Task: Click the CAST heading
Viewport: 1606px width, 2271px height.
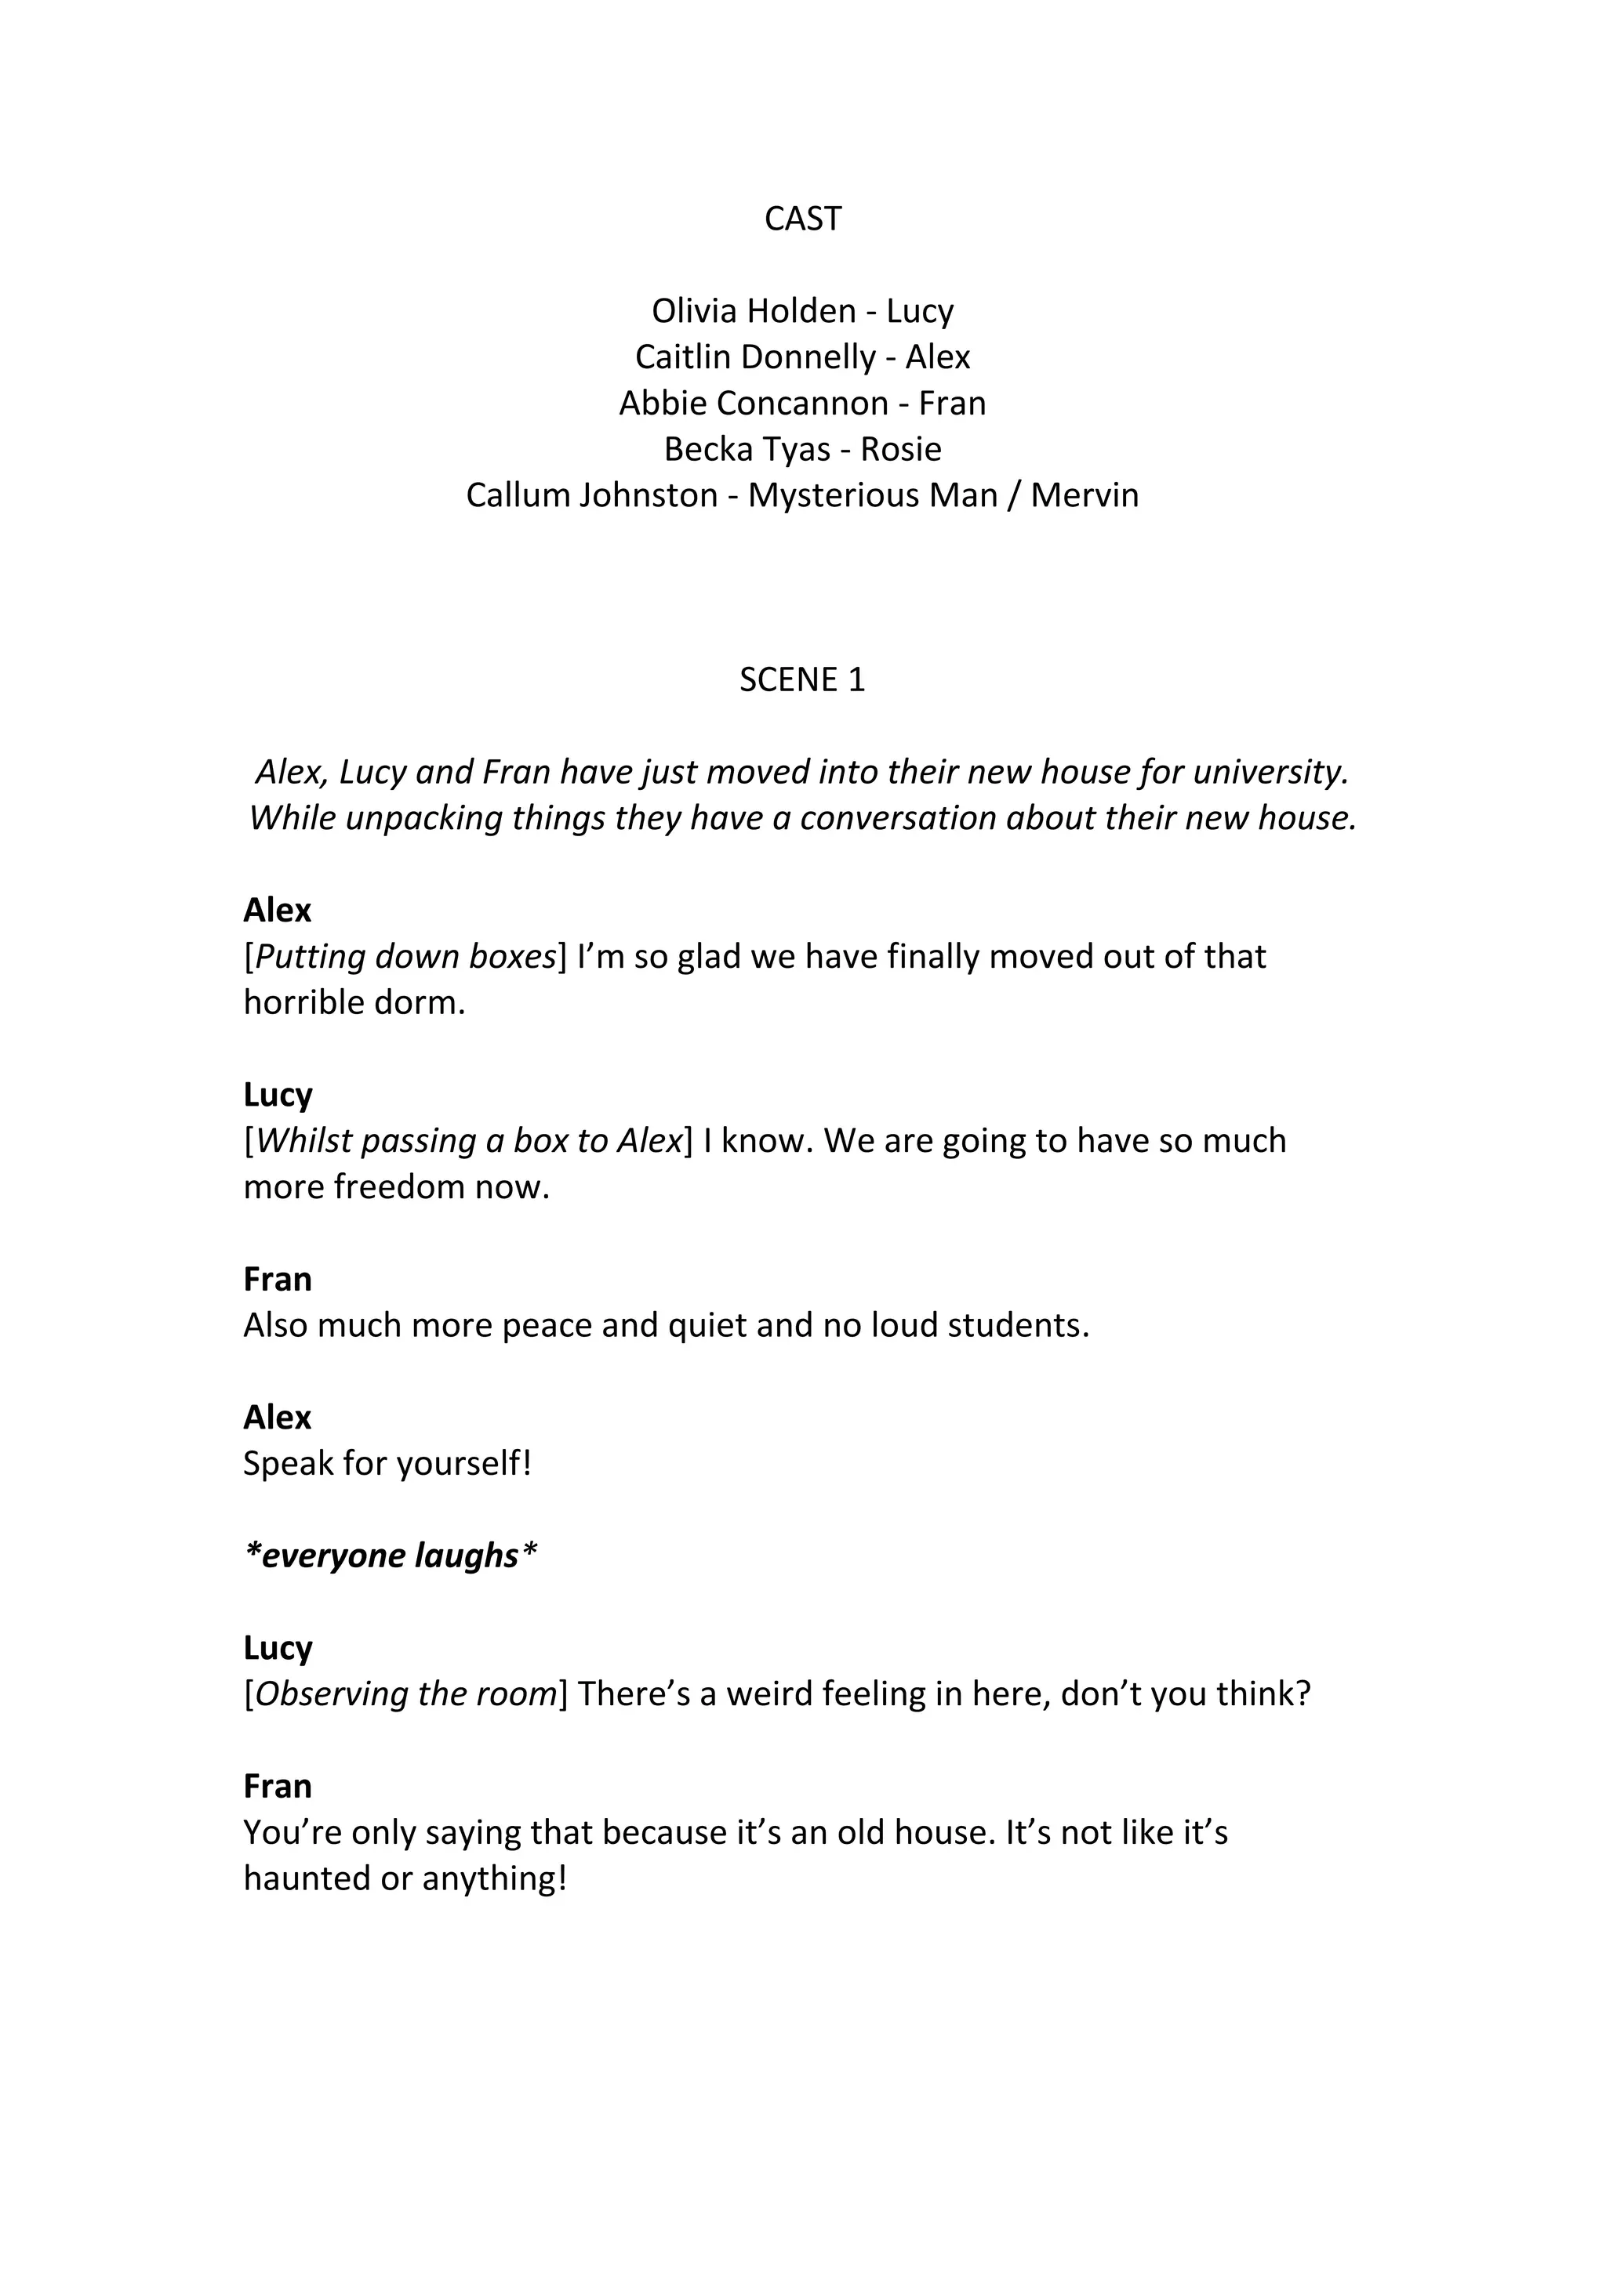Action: (802, 219)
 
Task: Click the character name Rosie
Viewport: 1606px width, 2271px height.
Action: (900, 449)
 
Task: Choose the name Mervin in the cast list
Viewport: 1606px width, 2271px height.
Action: (1085, 494)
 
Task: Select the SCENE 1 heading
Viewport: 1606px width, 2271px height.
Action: (802, 679)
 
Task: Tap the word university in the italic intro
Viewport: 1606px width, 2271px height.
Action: (1270, 772)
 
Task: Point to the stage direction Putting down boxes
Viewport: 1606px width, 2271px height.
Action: (405, 957)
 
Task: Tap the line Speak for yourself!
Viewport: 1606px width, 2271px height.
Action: (387, 1464)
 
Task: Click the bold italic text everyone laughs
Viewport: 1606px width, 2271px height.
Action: (390, 1556)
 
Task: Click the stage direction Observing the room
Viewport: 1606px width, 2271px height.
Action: (405, 1694)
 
